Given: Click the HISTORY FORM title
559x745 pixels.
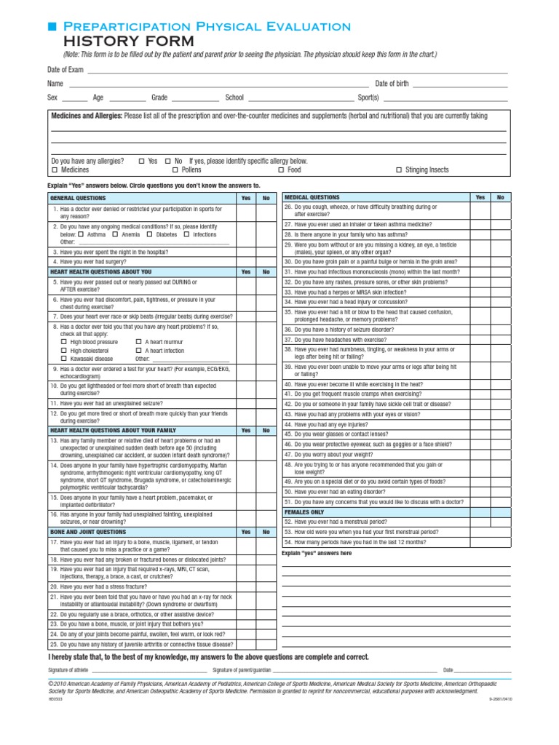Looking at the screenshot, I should coord(129,41).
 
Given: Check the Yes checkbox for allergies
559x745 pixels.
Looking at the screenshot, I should coord(142,161).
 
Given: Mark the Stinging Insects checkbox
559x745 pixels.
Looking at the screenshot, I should coord(399,170).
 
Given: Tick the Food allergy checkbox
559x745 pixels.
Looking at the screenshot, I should coord(282,170).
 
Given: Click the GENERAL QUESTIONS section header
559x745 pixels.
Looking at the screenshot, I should coord(78,198).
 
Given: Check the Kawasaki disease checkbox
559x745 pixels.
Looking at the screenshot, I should coord(64,359).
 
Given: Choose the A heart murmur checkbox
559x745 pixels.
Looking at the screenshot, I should coord(139,342).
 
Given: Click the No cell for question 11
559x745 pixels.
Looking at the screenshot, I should coord(266,403).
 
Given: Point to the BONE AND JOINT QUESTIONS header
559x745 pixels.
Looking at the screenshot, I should coord(87,532).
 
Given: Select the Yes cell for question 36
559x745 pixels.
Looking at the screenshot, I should coord(480,330).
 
